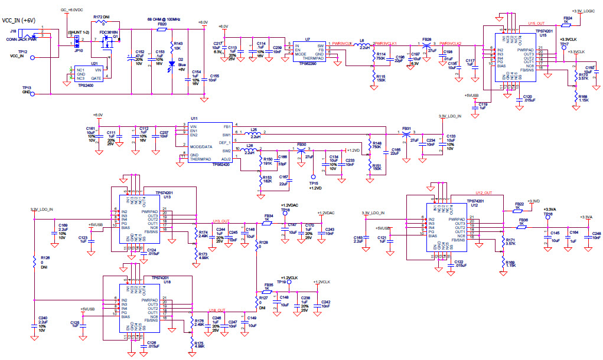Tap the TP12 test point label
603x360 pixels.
pos(22,52)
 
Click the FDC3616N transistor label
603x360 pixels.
pos(109,32)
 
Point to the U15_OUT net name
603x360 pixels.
pos(536,24)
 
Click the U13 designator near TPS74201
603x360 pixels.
pos(167,198)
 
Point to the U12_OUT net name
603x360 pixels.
pos(484,193)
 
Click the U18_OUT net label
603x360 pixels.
pos(217,310)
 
